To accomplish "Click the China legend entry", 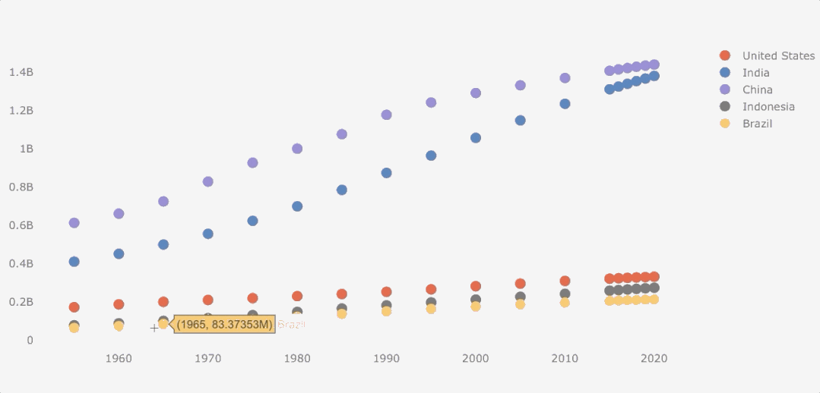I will click(x=757, y=90).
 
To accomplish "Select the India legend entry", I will click(x=755, y=73).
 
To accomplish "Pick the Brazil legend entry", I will click(x=757, y=124).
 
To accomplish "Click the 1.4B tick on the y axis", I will click(x=21, y=72).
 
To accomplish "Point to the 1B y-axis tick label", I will click(x=27, y=149).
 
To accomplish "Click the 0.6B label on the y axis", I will click(x=21, y=225).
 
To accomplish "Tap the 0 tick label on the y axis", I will click(x=30, y=340).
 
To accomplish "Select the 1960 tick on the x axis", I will click(x=119, y=358).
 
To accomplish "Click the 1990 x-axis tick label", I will click(x=386, y=358).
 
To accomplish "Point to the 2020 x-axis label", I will click(x=654, y=358).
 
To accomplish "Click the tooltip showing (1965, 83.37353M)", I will click(x=224, y=325).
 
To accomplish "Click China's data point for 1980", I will click(x=297, y=149).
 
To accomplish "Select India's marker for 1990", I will click(x=386, y=173).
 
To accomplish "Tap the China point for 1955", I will click(x=74, y=223).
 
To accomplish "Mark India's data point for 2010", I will click(x=565, y=104).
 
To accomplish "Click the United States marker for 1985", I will click(x=342, y=294).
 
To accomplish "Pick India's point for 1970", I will click(x=207, y=234).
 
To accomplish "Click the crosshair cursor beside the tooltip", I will click(x=154, y=328).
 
